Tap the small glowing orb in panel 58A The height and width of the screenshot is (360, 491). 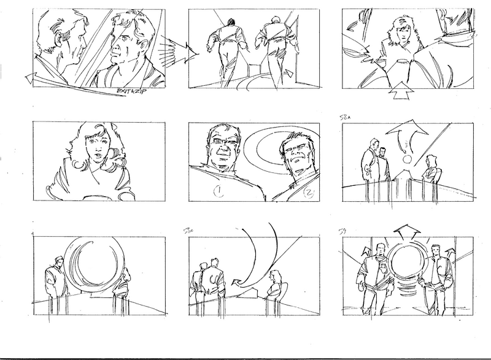pos(405,161)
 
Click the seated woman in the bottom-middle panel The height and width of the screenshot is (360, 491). pos(275,287)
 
